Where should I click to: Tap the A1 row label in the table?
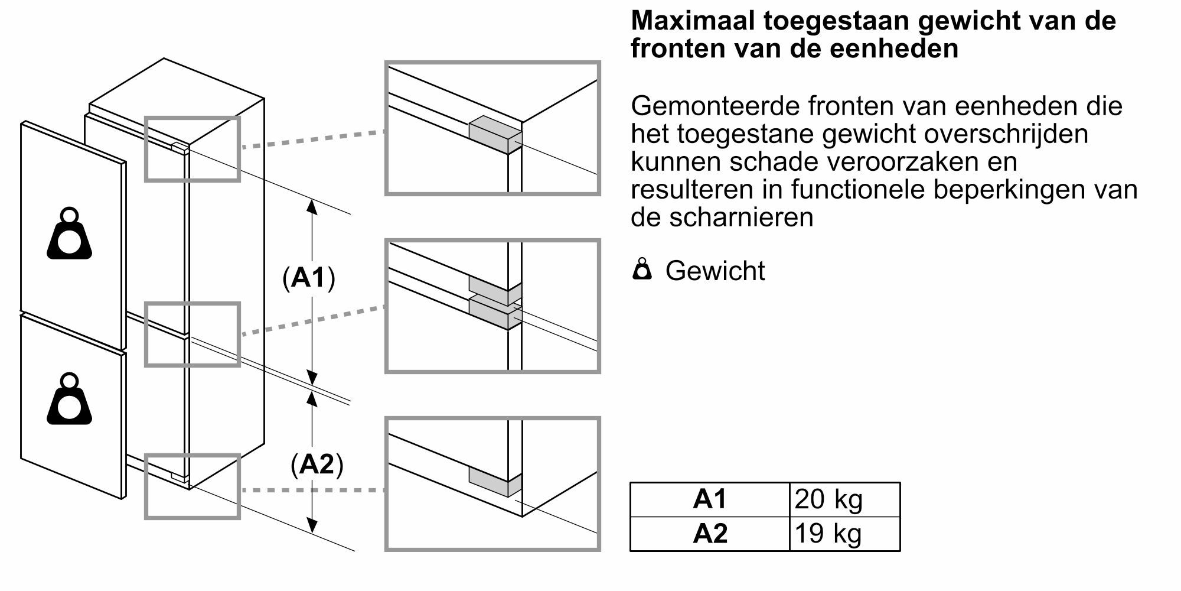point(710,499)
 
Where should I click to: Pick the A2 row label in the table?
point(710,534)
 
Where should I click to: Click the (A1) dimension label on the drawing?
point(309,277)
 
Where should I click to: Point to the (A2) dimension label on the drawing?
point(317,465)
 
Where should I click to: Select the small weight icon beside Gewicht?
point(642,269)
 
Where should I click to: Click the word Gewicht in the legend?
point(715,271)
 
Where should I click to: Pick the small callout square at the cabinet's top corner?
point(193,149)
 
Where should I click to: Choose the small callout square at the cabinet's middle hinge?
point(193,335)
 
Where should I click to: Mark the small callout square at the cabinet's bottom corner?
point(193,487)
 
